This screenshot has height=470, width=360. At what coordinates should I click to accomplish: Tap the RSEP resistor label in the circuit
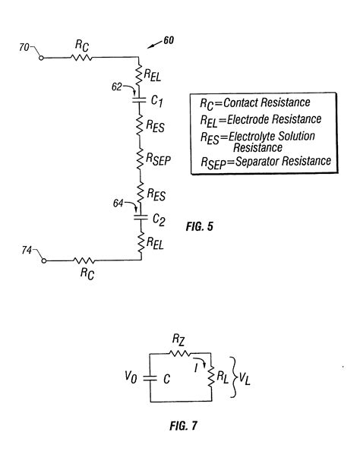coord(160,158)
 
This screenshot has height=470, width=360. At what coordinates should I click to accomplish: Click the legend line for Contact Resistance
coord(254,103)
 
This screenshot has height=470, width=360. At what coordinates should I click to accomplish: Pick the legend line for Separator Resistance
coord(258,161)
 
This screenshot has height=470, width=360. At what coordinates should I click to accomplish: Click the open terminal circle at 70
coord(43,57)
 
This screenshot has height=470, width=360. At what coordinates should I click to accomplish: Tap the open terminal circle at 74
coord(43,260)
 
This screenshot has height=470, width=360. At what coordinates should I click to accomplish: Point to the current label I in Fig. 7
coord(197,366)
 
